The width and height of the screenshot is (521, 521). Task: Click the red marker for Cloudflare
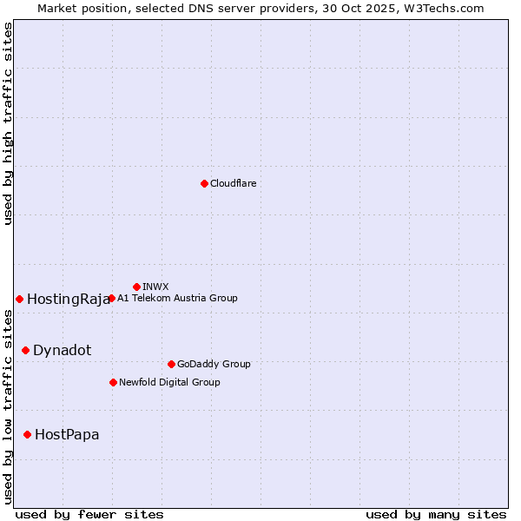(x=204, y=183)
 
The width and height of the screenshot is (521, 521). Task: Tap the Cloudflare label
(x=234, y=183)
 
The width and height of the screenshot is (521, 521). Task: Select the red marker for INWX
(x=136, y=287)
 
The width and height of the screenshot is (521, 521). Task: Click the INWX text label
(x=155, y=287)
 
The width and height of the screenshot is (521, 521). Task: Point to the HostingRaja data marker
(x=19, y=299)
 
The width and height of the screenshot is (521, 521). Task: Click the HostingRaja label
(x=69, y=300)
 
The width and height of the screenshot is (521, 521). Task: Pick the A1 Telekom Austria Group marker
(x=111, y=298)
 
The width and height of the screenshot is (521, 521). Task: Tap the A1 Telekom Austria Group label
(x=177, y=298)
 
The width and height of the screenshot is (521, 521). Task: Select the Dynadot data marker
(x=25, y=350)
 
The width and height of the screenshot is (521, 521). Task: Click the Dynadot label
(x=62, y=350)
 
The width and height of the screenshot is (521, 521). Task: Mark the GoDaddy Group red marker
(x=171, y=364)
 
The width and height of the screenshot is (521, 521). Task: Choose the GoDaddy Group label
(x=214, y=364)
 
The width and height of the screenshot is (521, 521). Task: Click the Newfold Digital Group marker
(x=113, y=382)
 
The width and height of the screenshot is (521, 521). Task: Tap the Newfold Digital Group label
(x=169, y=382)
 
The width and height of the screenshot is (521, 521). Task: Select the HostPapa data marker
(x=27, y=434)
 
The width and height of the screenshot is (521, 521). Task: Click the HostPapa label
(x=67, y=434)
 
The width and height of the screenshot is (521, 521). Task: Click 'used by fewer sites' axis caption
(x=89, y=514)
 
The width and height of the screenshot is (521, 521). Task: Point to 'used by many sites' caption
(x=436, y=514)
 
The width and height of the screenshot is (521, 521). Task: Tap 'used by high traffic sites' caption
(x=8, y=124)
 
